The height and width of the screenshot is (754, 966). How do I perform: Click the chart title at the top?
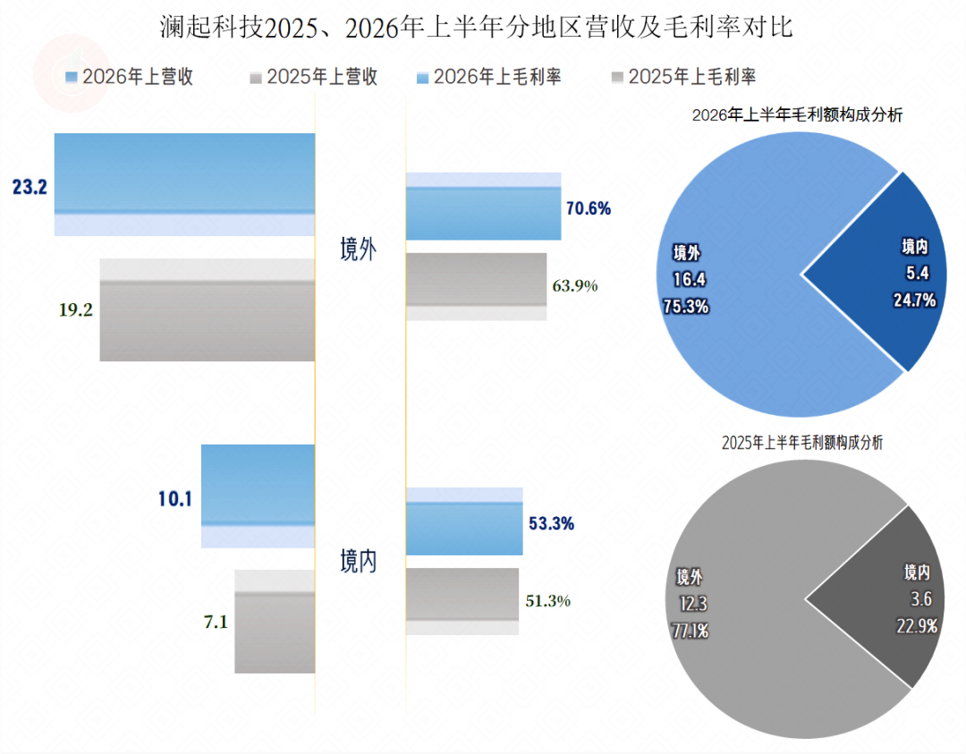(476, 28)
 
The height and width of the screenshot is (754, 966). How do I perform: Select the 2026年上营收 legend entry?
(130, 77)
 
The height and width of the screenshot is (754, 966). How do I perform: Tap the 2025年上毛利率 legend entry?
(684, 77)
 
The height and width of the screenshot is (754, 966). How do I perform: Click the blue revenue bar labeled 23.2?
(185, 184)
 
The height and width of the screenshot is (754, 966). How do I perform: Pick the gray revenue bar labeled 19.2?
(208, 309)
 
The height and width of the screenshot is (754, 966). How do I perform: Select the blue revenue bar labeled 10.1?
(258, 496)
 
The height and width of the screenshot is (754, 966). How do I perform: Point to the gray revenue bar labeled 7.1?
(275, 621)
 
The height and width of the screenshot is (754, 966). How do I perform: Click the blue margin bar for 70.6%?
(484, 207)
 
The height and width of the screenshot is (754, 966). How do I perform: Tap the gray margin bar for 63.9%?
(476, 286)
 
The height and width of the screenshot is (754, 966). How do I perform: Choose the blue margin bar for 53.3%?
(464, 521)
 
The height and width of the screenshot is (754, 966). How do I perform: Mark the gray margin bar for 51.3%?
(462, 601)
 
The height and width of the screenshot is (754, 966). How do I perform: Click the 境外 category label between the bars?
(358, 250)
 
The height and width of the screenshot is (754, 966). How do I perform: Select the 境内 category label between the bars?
(358, 561)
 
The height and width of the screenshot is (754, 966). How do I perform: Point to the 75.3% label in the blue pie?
(686, 306)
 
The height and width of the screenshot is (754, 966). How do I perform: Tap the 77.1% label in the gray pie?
(690, 631)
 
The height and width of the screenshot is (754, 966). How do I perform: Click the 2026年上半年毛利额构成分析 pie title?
(797, 115)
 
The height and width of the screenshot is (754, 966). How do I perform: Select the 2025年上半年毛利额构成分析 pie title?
(802, 443)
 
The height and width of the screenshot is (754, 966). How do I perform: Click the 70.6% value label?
(589, 208)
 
